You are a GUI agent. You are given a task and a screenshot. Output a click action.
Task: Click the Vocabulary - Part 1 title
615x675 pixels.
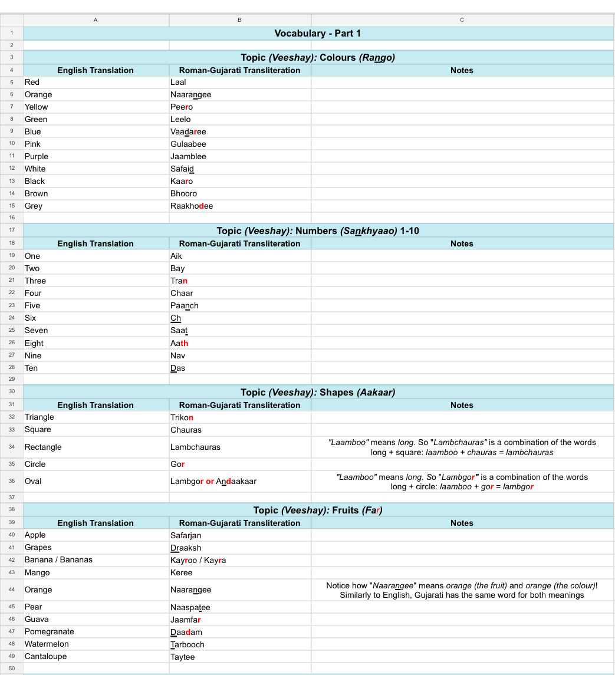pyautogui.click(x=317, y=33)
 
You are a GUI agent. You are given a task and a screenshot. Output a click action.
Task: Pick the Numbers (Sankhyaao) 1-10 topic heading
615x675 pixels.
pyautogui.click(x=317, y=231)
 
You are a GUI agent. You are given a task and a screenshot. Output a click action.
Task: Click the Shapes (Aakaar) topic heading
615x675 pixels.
pyautogui.click(x=317, y=392)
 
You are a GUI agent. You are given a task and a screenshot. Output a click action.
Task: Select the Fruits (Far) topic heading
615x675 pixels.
pyautogui.click(x=317, y=510)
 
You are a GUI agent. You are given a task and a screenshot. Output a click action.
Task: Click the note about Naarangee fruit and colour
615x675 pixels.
pyautogui.click(x=462, y=590)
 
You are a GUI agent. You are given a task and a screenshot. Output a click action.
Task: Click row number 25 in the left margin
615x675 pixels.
pyautogui.click(x=12, y=330)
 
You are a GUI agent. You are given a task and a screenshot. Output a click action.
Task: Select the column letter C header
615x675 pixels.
pyautogui.click(x=462, y=20)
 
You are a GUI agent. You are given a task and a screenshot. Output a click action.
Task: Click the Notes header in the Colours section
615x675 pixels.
pyautogui.click(x=462, y=70)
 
